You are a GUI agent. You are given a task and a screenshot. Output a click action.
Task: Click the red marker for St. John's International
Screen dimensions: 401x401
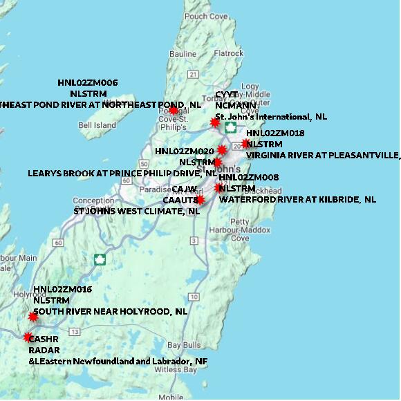215,122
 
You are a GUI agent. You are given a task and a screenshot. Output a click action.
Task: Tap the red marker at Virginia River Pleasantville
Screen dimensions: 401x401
245,144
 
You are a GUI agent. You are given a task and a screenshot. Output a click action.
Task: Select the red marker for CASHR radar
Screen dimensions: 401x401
28,337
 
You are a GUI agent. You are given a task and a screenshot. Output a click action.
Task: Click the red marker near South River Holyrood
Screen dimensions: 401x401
32,317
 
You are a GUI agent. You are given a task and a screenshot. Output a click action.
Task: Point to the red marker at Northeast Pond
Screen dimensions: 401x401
174,109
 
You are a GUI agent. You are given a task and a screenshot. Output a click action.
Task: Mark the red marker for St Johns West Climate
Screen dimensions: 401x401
200,200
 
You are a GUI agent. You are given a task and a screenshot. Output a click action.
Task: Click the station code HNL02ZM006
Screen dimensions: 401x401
88,82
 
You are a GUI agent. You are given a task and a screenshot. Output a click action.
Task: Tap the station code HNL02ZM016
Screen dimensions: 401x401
62,289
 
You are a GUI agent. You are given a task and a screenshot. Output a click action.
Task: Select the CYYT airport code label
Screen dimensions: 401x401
226,95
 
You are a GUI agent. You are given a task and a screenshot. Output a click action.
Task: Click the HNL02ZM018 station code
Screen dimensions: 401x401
275,133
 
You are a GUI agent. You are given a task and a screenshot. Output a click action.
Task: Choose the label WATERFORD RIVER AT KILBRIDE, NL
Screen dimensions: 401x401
297,200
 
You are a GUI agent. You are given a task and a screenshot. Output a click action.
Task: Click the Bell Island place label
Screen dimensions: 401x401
97,125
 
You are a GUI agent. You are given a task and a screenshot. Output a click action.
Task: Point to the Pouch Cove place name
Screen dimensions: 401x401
205,16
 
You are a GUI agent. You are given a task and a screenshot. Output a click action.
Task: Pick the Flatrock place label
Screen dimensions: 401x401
229,53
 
